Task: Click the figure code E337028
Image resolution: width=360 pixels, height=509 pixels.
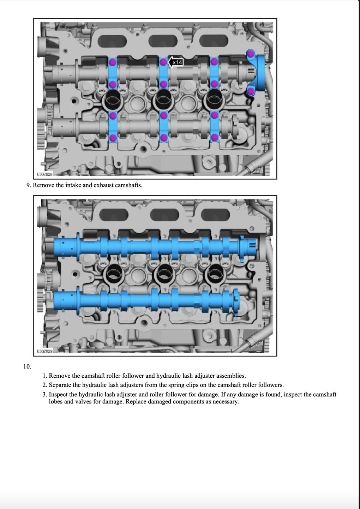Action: click(45, 174)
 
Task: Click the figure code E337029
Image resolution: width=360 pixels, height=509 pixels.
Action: click(45, 351)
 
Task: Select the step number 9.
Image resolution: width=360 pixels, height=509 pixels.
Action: click(28, 185)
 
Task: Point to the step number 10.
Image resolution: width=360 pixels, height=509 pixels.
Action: click(27, 366)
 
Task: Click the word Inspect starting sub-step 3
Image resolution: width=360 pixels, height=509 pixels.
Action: click(59, 394)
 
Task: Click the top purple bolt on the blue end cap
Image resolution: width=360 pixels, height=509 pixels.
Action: click(250, 54)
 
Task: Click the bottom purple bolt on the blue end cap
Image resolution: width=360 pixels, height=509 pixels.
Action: click(251, 91)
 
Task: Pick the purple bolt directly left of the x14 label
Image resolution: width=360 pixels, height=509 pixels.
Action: click(163, 62)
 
